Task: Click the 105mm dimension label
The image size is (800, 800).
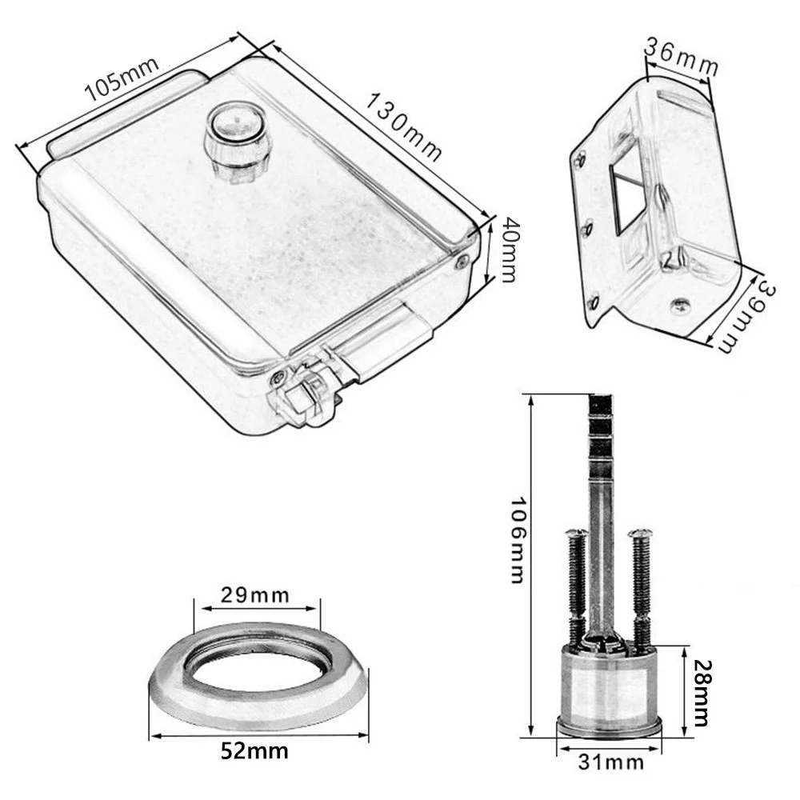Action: tap(122, 78)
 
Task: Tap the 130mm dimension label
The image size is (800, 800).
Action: tap(403, 127)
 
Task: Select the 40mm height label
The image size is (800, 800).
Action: tap(509, 250)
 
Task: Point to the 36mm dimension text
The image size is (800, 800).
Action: tap(681, 56)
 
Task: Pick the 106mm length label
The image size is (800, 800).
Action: tap(517, 540)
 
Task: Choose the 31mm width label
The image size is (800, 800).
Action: tap(610, 762)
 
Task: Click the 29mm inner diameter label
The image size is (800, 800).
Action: tap(254, 595)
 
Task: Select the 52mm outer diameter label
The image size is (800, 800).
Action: tap(254, 751)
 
